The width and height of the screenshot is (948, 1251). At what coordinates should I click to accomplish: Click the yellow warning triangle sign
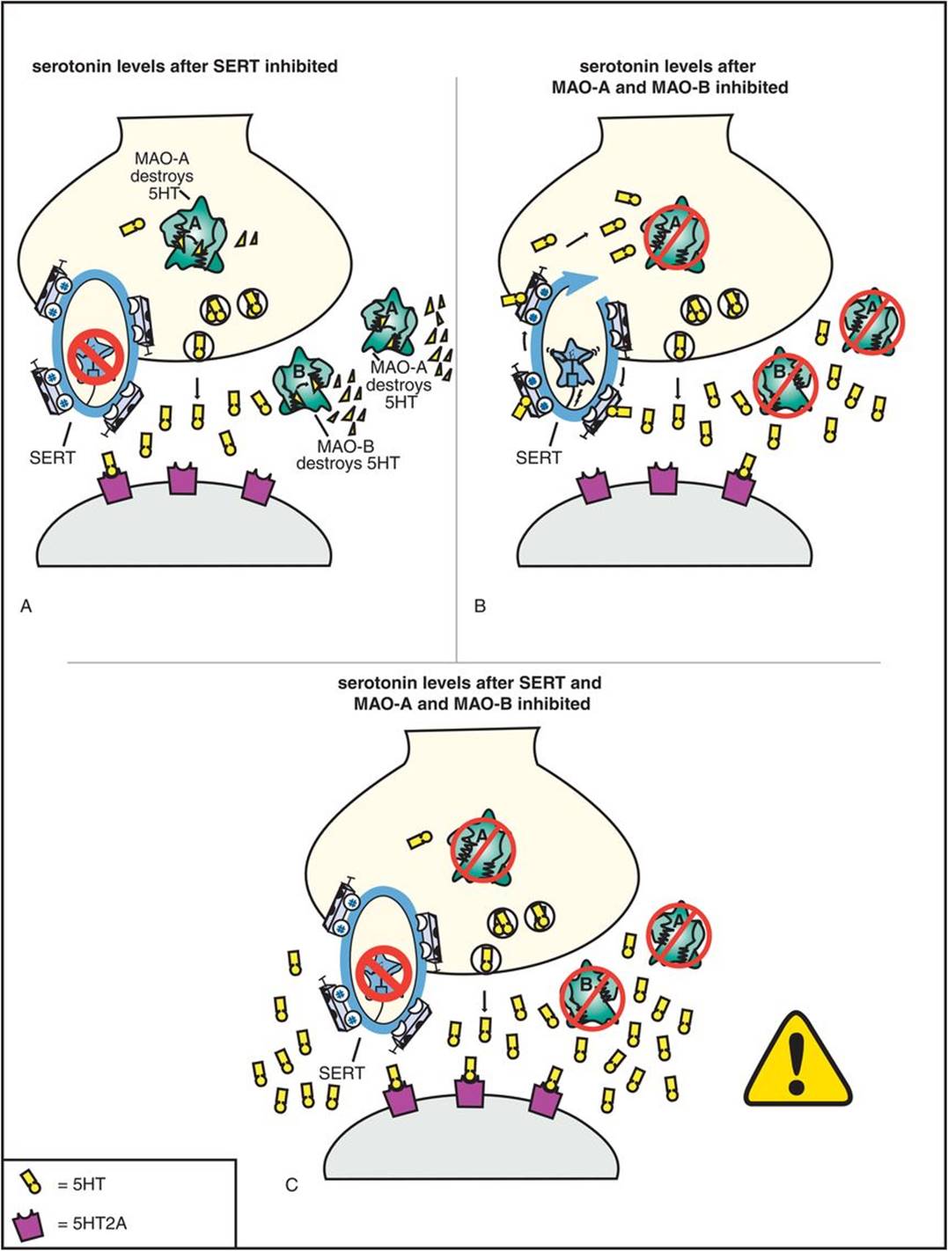(x=797, y=1061)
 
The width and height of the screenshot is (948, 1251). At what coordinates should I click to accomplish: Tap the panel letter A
(x=26, y=606)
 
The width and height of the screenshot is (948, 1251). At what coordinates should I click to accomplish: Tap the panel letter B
(x=480, y=606)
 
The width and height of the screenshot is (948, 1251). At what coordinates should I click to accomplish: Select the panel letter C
(x=291, y=1185)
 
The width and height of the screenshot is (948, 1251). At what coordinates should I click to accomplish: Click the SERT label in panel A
(x=52, y=457)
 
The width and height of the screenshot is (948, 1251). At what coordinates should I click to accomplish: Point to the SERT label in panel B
(x=539, y=457)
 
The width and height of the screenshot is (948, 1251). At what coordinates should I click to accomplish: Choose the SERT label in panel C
(x=342, y=1072)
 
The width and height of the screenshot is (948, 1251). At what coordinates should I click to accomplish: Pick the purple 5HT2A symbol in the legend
(x=31, y=1222)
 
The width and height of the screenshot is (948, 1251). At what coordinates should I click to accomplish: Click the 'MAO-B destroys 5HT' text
(x=347, y=454)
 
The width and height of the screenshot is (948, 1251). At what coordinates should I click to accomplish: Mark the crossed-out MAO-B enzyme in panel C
(x=592, y=993)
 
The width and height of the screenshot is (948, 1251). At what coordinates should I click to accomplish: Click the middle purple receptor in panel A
(x=183, y=479)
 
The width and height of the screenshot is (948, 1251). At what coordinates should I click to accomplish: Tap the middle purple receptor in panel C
(x=471, y=1092)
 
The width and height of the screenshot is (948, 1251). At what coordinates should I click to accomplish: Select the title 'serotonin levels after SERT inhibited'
(x=184, y=66)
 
